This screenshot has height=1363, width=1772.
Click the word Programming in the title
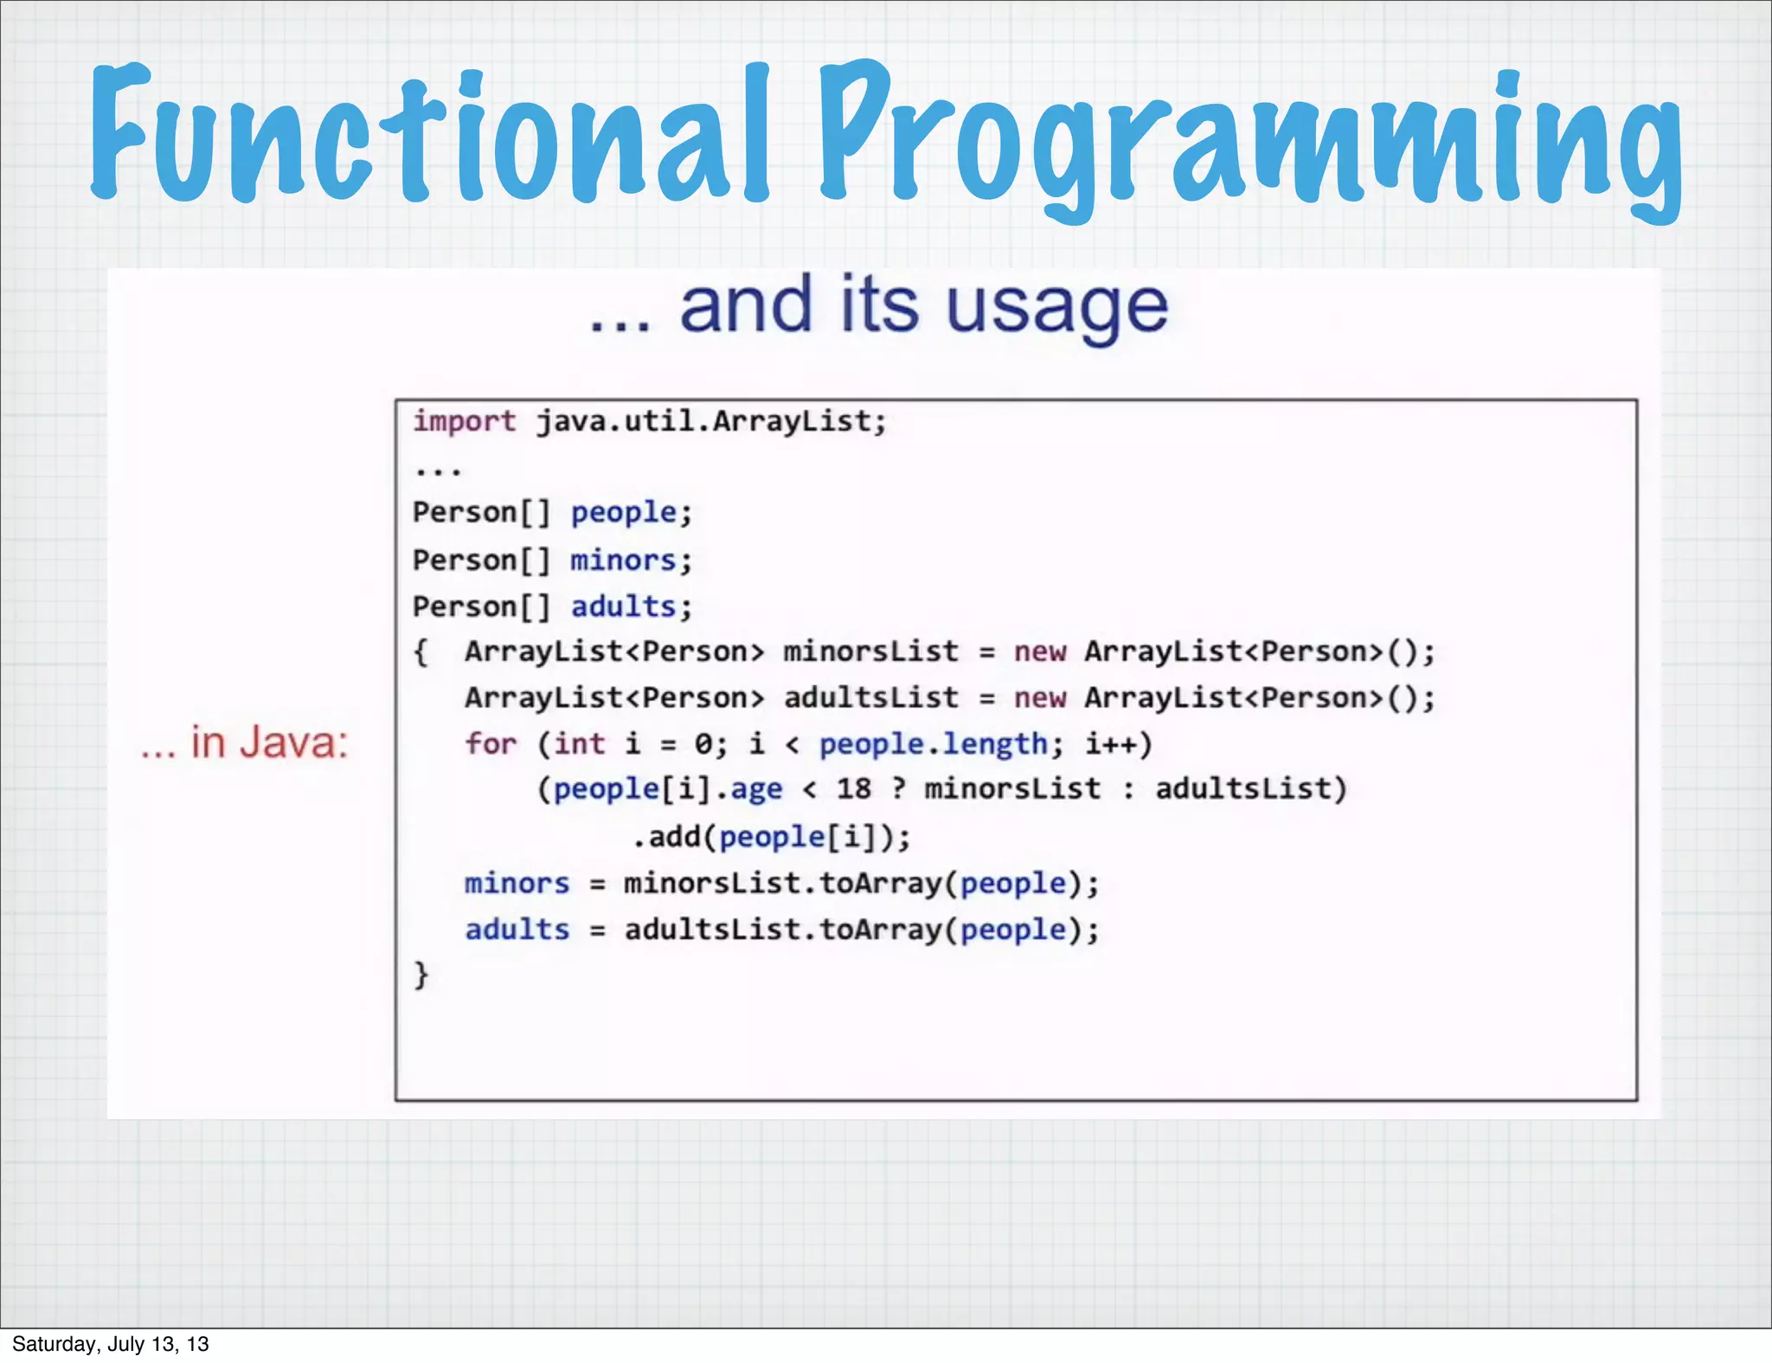pos(1250,138)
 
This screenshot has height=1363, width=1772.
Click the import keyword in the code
pos(464,421)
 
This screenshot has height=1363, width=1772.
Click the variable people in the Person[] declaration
pos(624,513)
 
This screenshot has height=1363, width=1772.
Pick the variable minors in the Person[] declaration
pos(623,560)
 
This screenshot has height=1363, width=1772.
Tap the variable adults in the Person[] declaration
pos(623,607)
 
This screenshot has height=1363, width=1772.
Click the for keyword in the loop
pos(490,744)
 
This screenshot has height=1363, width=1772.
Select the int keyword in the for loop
pos(579,744)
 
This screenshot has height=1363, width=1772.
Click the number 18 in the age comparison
pos(854,789)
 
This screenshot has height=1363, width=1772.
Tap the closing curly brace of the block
pos(421,975)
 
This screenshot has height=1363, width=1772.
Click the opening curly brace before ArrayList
pos(421,652)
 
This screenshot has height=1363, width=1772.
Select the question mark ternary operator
pos(899,789)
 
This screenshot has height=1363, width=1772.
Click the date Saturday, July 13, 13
pos(111,1344)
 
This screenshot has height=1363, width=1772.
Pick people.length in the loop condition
pos(934,744)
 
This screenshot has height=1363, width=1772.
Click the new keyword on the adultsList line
pos(1040,698)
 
